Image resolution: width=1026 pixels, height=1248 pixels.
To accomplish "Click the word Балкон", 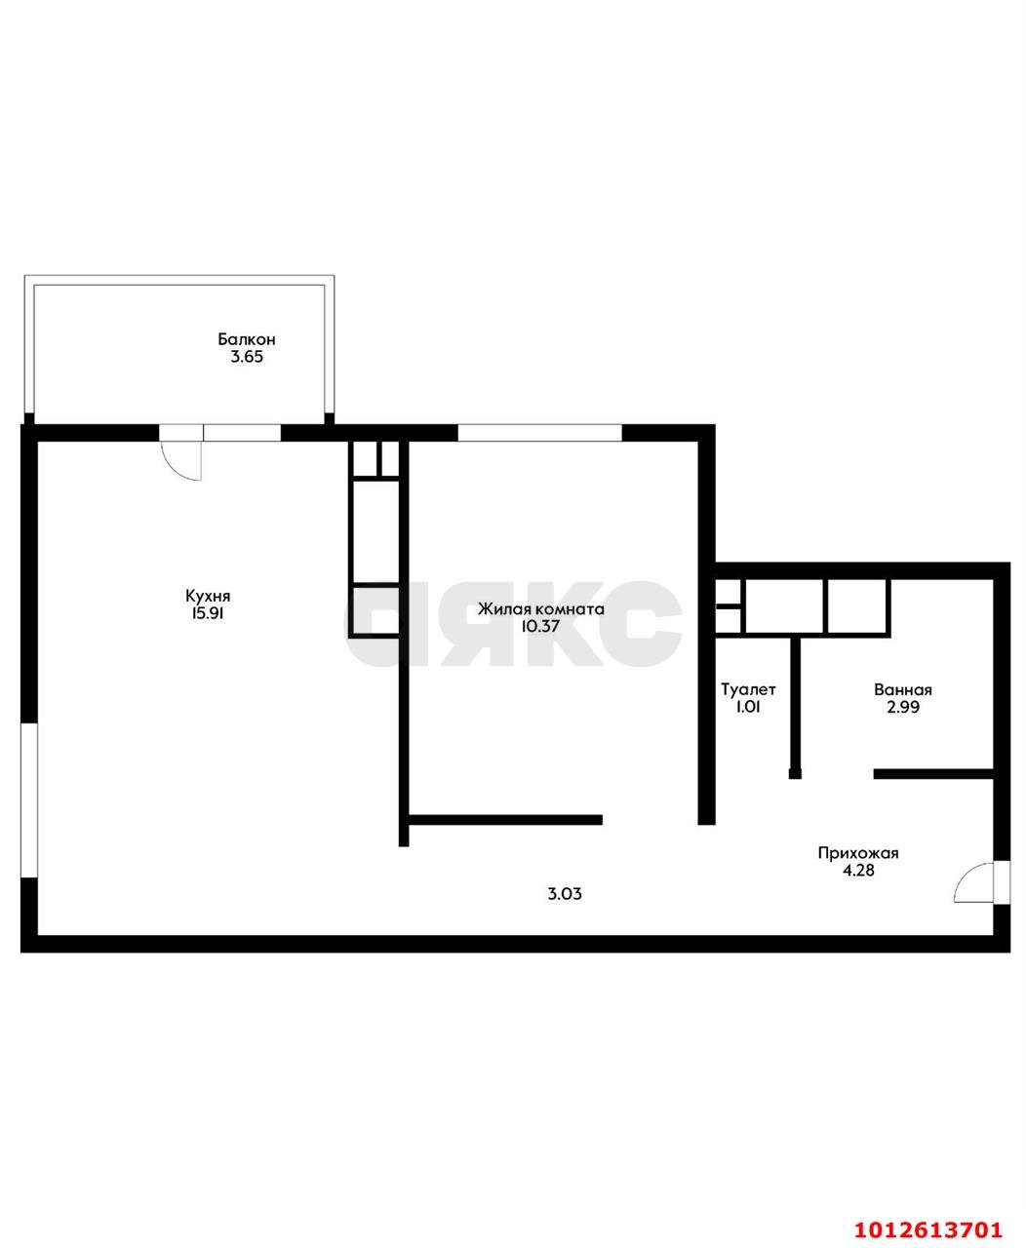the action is point(247,339).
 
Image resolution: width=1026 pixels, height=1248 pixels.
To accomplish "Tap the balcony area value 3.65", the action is point(247,357).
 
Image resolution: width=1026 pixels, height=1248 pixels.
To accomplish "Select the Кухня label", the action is point(208,596).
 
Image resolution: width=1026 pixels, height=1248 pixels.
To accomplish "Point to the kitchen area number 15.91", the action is point(207,613).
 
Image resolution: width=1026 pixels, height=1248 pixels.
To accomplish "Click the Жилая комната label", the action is point(541,609).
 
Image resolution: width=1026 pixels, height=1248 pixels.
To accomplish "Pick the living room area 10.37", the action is point(540,626).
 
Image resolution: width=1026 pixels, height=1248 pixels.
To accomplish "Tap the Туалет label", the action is point(748,689).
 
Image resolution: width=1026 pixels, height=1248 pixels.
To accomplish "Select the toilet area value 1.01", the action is point(748,707).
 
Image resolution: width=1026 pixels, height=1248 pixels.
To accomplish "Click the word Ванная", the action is point(903,689).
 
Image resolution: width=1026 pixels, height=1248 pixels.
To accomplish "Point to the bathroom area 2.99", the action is point(903,707).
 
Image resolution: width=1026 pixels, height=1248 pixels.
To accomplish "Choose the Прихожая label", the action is point(858,853).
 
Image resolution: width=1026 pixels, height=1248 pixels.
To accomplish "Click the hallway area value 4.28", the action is point(858,870).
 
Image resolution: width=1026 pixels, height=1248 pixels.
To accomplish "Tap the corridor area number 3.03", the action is point(565,893).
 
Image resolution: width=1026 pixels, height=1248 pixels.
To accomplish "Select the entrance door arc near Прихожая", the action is point(964,877).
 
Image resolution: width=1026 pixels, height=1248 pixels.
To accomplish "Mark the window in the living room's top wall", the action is point(539,433).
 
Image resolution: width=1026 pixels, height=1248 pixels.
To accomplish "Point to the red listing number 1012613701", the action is point(927,1226).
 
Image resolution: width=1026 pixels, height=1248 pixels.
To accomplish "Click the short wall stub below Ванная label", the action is point(933,773).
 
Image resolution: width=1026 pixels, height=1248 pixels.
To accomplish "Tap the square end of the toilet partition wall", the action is point(795,773).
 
